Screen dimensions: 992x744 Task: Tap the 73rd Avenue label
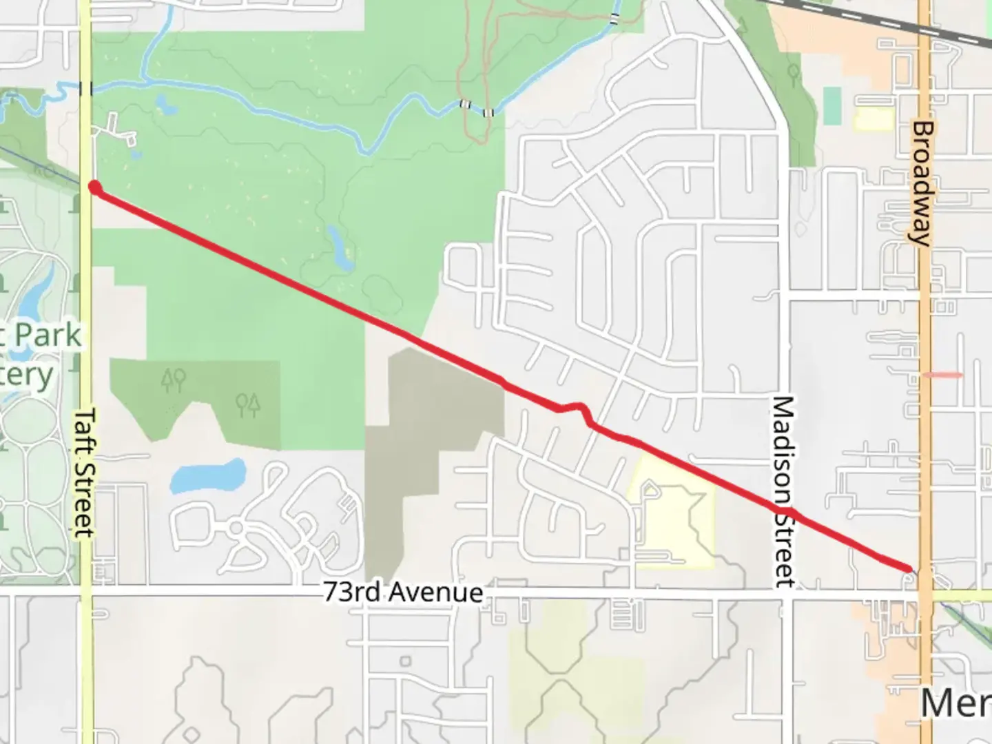(403, 592)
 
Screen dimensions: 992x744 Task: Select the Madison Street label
(783, 490)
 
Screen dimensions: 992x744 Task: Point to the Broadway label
(922, 183)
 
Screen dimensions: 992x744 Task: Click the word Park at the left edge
(48, 336)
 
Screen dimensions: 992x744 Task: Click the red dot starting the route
(94, 187)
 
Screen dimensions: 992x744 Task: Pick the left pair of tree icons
(172, 380)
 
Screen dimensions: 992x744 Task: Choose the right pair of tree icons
(247, 403)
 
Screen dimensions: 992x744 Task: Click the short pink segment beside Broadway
(942, 375)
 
